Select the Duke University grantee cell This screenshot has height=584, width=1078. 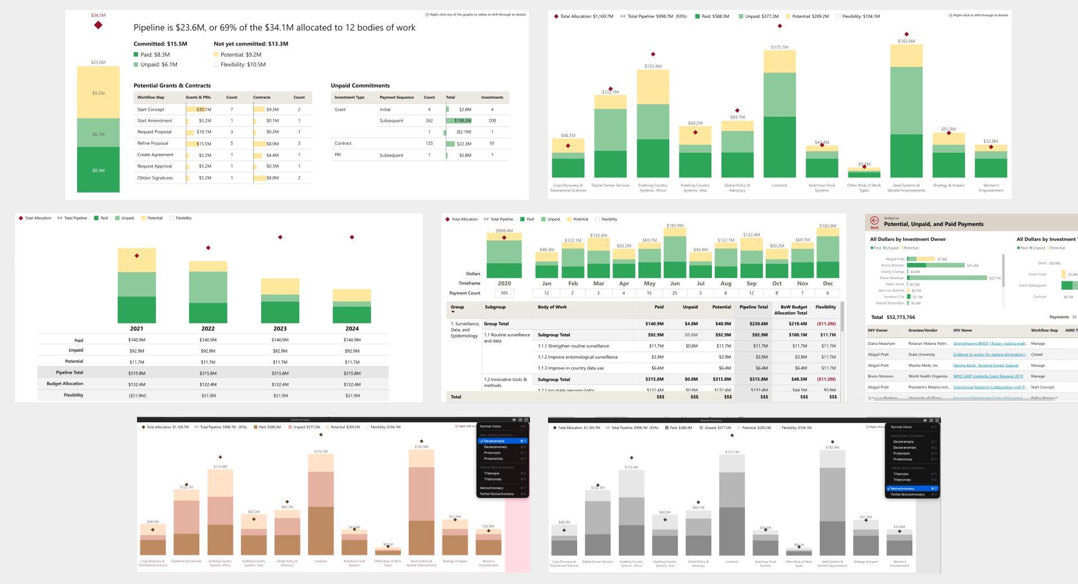(x=921, y=354)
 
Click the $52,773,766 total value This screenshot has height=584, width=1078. (x=901, y=317)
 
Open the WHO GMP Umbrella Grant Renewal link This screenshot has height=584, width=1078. (x=988, y=376)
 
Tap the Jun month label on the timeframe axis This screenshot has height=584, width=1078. (x=675, y=284)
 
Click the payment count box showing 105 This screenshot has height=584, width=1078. (x=504, y=293)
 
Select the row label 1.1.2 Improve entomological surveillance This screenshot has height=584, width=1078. (x=578, y=357)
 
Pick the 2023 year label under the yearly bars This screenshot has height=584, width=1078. (x=280, y=328)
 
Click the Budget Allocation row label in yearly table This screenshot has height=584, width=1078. (x=65, y=384)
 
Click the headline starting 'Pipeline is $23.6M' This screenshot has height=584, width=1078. (x=275, y=28)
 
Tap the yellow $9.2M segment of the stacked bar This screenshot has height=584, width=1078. (x=98, y=93)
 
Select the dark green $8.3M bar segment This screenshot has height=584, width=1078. (x=98, y=170)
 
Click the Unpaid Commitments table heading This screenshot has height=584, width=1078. (x=360, y=86)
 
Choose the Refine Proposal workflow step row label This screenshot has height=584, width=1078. (x=153, y=143)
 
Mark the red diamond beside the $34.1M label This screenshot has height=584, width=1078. (x=98, y=25)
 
